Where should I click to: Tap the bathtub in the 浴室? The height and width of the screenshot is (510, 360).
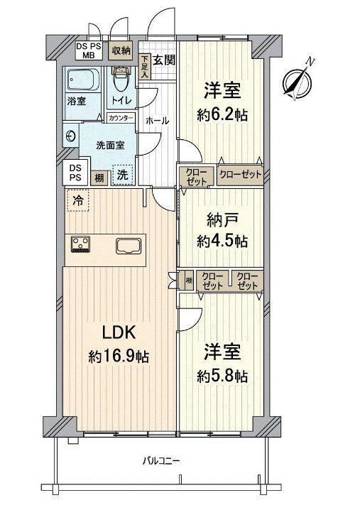[x=83, y=80]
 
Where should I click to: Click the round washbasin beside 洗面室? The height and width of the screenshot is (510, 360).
[x=70, y=136]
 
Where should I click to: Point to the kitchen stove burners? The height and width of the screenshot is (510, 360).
[x=80, y=244]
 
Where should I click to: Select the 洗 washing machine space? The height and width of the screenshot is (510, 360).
[x=123, y=175]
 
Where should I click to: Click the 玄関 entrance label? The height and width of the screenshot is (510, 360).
[x=164, y=60]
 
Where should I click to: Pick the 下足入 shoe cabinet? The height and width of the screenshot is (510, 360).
[x=144, y=66]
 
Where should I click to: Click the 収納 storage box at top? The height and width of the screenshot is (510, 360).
[x=121, y=50]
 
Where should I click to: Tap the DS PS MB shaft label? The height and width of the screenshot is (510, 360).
[x=89, y=51]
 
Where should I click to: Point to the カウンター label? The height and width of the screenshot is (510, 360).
[x=121, y=118]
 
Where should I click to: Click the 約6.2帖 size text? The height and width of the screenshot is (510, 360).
[x=222, y=115]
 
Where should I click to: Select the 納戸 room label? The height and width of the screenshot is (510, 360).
[x=222, y=221]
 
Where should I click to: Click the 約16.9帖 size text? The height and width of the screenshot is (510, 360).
[x=119, y=357]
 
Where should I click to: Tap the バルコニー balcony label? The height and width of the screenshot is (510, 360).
[x=161, y=460]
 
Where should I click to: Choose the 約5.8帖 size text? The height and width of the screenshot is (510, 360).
[x=222, y=376]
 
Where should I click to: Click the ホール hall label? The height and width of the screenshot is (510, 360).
[x=157, y=121]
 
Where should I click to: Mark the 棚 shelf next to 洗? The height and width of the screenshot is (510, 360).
[x=99, y=178]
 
